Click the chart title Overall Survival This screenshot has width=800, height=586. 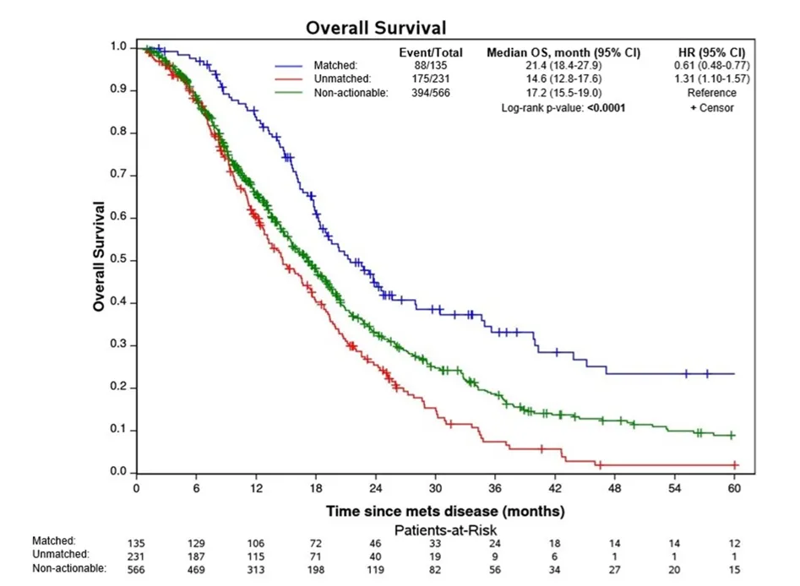click(376, 28)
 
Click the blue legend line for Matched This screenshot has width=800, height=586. click(289, 65)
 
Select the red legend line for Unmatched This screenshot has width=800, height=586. click(289, 79)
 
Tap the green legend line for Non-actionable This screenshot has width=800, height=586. click(289, 93)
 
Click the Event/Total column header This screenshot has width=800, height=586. click(431, 52)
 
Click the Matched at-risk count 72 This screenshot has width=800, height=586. click(316, 543)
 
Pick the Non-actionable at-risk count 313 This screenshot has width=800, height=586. click(256, 570)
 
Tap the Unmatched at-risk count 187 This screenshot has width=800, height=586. click(196, 556)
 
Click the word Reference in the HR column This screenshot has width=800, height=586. click(711, 93)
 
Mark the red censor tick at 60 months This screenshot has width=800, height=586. click(734, 464)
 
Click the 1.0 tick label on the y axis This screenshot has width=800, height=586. click(119, 46)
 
